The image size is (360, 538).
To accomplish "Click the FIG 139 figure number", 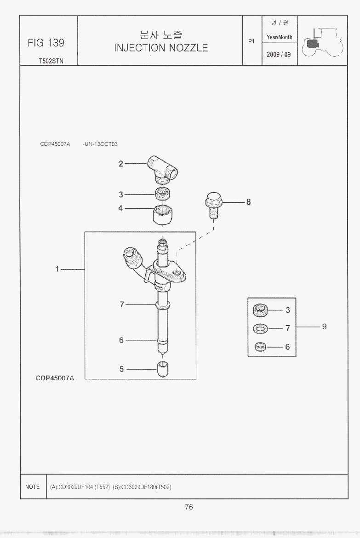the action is point(46,43).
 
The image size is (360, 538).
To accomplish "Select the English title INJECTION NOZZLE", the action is point(161,48).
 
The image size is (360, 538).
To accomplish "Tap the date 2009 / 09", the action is point(279,55).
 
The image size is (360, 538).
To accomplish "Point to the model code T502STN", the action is point(51,61).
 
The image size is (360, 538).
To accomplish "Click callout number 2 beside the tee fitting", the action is point(121,164).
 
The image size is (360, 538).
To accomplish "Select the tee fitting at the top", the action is point(162,169).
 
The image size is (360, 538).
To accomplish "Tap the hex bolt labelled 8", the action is point(213,205).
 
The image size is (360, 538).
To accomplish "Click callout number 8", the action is point(248,202).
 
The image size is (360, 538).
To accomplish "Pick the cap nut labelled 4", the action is point(162,215).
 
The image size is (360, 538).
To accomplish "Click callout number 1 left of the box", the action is point(57,269).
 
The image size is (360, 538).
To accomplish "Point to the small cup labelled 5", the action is point(163,369).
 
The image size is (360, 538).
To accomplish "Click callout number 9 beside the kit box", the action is point(324,326).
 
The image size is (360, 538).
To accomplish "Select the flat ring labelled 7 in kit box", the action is point(261,329).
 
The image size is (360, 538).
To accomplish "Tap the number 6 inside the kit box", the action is point(288,347).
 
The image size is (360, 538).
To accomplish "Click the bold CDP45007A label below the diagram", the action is point(55,378).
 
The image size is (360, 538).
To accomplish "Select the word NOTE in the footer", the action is point(32,487).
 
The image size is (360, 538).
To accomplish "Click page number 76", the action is point(189,507).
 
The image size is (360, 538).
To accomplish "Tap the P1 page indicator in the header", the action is point(251,41).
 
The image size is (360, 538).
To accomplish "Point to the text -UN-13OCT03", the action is point(100,144).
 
